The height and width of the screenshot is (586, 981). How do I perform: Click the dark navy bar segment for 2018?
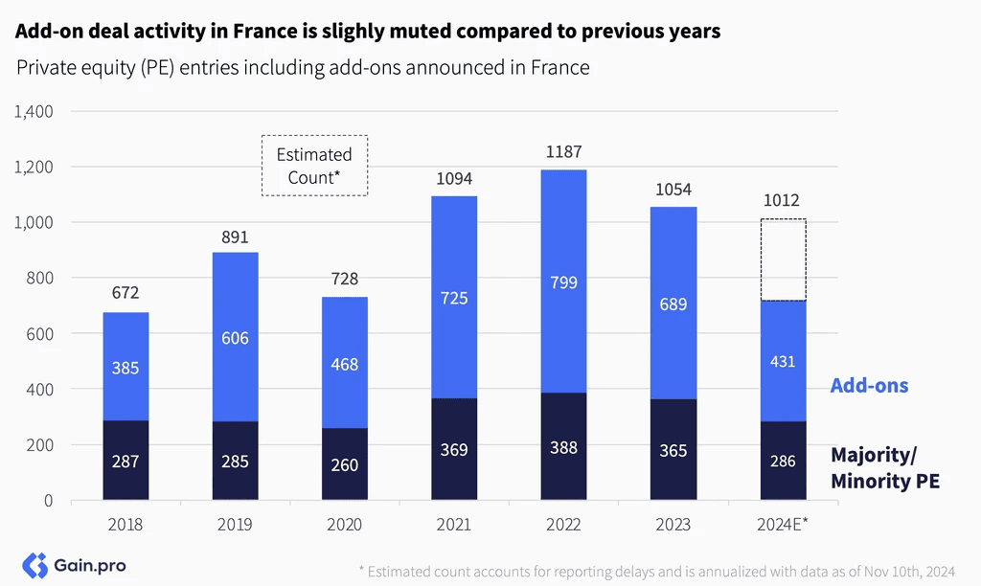(x=125, y=460)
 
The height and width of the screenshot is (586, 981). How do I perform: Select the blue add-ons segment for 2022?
(x=563, y=282)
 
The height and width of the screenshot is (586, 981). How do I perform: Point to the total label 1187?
(x=563, y=152)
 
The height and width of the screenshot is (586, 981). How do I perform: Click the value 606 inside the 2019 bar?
(x=236, y=338)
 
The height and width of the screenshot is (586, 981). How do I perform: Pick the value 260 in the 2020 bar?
(x=345, y=465)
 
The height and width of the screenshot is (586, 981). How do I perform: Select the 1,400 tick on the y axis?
(x=34, y=112)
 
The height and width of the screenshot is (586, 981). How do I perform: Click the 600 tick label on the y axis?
(x=40, y=334)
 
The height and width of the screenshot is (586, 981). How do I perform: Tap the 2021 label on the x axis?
(x=454, y=524)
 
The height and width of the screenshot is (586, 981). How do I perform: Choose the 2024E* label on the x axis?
(x=783, y=524)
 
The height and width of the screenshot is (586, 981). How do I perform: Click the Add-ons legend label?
(x=870, y=385)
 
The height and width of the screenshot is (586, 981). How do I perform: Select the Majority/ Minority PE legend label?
(x=885, y=468)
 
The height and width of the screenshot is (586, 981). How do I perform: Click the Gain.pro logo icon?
(x=35, y=565)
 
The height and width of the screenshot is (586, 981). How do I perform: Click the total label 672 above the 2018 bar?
(x=125, y=293)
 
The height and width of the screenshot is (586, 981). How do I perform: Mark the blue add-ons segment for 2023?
(x=673, y=304)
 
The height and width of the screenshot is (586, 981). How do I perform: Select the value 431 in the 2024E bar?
(x=783, y=362)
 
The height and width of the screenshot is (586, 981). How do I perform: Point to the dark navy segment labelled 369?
(x=454, y=449)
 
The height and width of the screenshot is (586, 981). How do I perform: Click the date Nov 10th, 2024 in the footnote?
(x=910, y=572)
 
